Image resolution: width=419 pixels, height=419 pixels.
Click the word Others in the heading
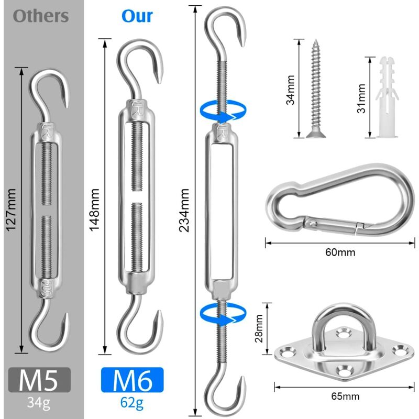[x=41, y=16]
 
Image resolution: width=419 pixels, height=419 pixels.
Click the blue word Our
[x=137, y=16]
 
